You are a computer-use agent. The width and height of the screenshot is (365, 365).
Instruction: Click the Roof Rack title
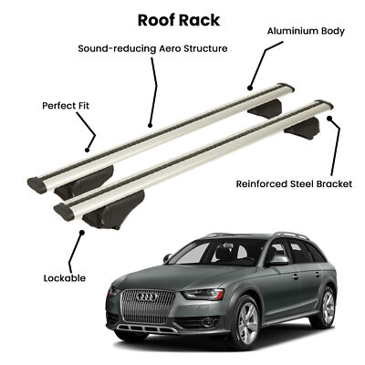coord(179,20)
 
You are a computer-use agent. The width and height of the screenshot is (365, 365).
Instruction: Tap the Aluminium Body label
coord(306,31)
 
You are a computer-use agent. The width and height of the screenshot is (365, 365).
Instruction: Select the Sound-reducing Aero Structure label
coord(152,48)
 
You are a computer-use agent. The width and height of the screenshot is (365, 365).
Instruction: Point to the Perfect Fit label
coord(66,106)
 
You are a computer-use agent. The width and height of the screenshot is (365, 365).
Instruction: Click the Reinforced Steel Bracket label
coord(294,183)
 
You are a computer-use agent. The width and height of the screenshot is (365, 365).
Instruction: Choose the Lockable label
coord(65,278)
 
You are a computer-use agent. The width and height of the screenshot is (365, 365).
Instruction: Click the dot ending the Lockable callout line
coord(82,233)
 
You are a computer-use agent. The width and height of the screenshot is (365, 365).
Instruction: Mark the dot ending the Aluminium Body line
coord(250,89)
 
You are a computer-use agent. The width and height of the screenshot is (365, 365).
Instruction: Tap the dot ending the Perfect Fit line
coord(87,150)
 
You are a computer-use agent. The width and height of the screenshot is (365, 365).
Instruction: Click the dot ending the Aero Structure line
coord(150,125)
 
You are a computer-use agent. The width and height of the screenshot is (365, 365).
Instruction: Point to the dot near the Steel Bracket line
coord(329,118)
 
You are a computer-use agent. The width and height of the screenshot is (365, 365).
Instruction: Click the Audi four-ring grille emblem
coord(147,297)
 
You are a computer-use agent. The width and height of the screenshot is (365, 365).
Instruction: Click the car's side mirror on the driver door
coord(278,260)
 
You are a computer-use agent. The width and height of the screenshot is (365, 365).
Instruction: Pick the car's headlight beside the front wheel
coord(203,295)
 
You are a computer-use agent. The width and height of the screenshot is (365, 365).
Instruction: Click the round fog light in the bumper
coord(207,322)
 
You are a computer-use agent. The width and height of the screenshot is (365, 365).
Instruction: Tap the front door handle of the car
coord(296,276)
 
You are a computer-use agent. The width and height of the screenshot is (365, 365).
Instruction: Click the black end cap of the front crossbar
coord(64,212)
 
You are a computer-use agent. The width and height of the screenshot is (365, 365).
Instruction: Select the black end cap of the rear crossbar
coord(37,185)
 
